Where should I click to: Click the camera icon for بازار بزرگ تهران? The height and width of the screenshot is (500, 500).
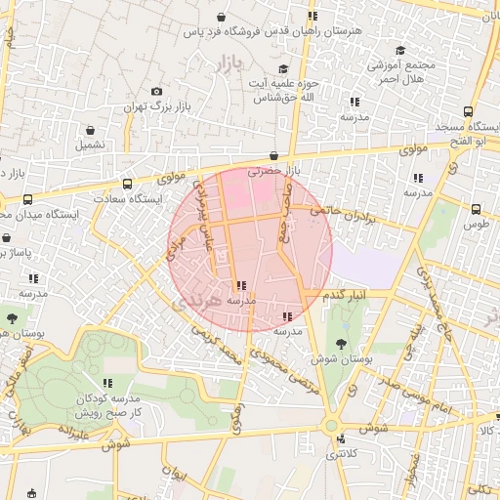pyautogui.click(x=157, y=92)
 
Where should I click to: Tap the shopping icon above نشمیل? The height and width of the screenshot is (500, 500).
pyautogui.click(x=91, y=129)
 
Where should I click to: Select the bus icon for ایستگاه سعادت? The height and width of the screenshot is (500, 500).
pyautogui.click(x=127, y=183)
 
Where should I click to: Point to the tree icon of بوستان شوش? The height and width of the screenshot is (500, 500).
pyautogui.click(x=340, y=344)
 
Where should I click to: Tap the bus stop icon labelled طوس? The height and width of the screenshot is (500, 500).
pyautogui.click(x=476, y=209)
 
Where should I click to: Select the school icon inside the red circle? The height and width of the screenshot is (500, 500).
pyautogui.click(x=241, y=286)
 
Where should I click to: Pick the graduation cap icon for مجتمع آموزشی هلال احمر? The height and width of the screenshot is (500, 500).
pyautogui.click(x=399, y=51)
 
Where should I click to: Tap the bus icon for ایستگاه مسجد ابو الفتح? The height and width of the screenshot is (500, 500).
pyautogui.click(x=468, y=112)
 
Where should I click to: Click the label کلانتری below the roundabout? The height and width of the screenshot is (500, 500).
pyautogui.click(x=341, y=454)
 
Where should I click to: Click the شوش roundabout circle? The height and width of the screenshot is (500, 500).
pyautogui.click(x=331, y=426)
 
